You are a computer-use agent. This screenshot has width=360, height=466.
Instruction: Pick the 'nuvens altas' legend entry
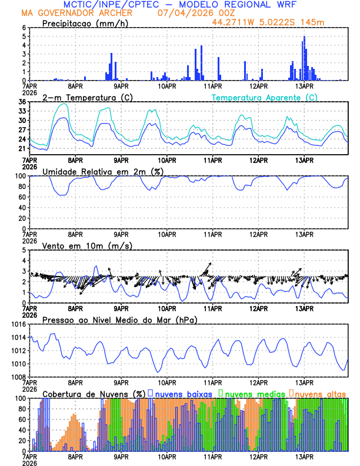(x=320, y=393)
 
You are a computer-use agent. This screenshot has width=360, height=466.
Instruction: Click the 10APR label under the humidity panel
(x=167, y=233)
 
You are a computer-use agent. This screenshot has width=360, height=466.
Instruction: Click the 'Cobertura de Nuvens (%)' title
(x=94, y=393)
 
